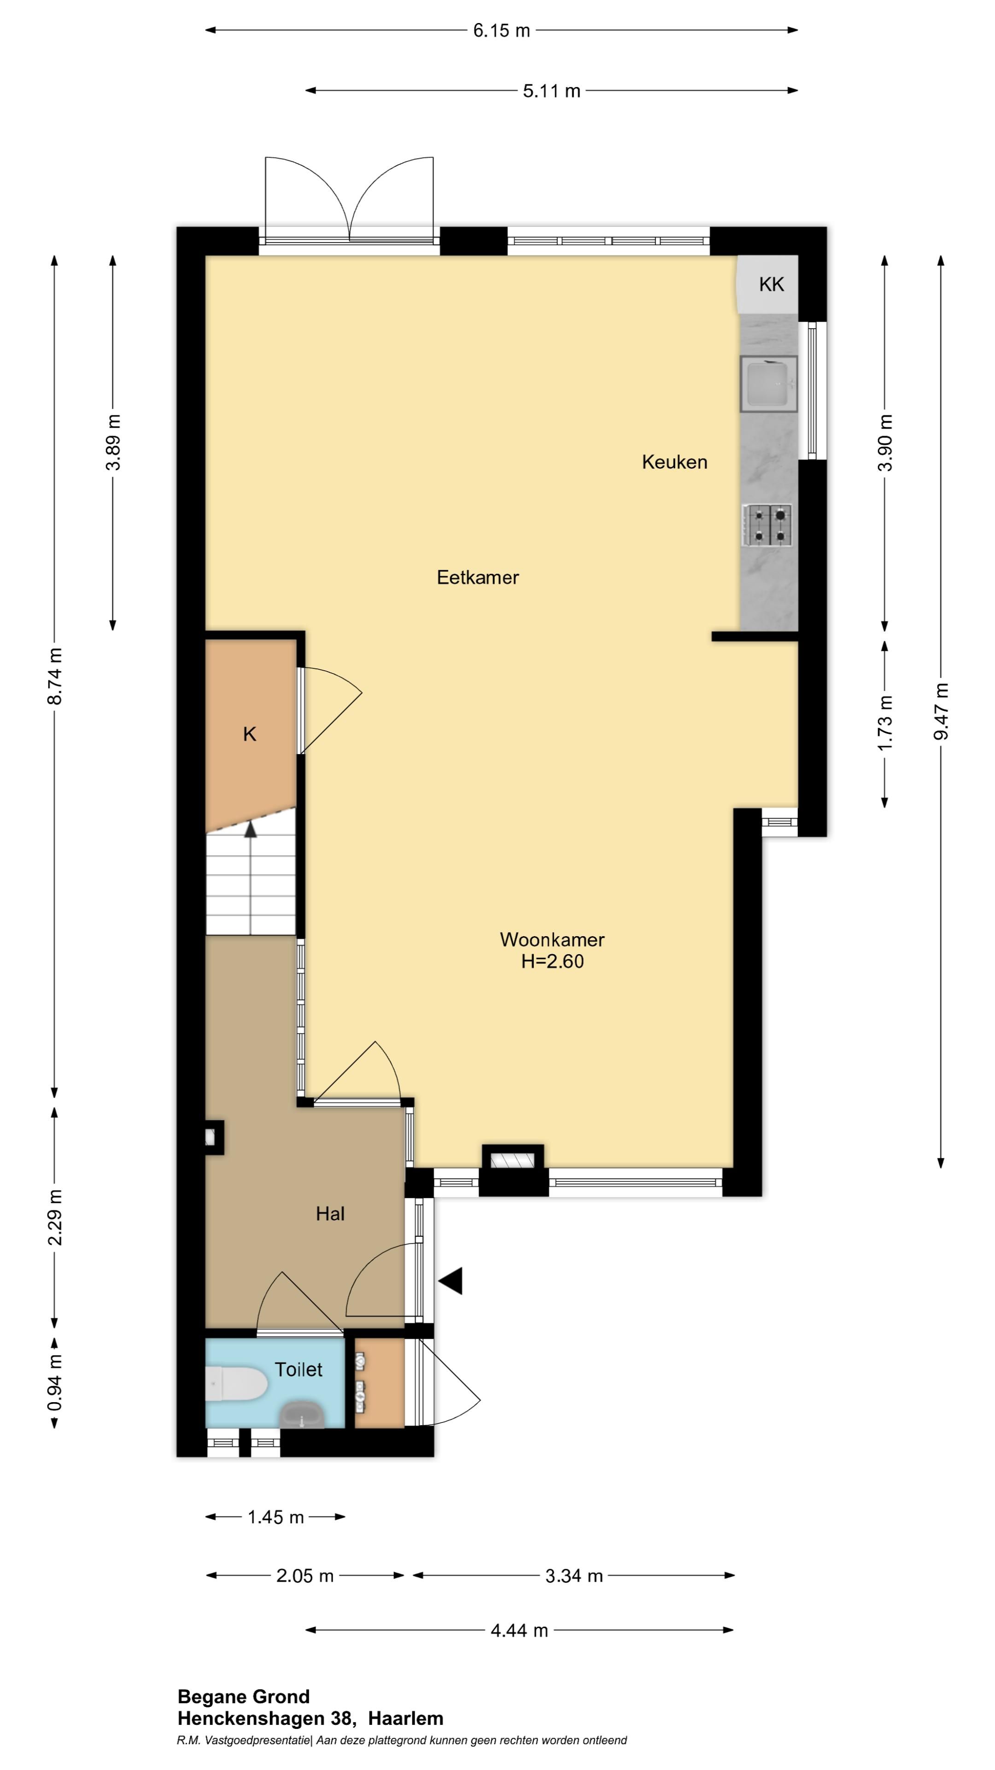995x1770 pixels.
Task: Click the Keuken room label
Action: pyautogui.click(x=674, y=462)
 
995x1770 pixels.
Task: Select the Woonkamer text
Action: pyautogui.click(x=552, y=939)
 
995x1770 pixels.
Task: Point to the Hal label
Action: pyautogui.click(x=330, y=1214)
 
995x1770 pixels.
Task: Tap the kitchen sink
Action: pyautogui.click(x=768, y=383)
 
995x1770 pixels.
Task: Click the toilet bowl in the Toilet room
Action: pyautogui.click(x=236, y=1383)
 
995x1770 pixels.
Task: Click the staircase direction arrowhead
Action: pyautogui.click(x=251, y=829)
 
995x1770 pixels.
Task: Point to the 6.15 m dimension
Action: pyautogui.click(x=501, y=30)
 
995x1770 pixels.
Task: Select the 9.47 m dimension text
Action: pyautogui.click(x=941, y=712)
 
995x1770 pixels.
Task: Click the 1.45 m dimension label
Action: pyautogui.click(x=275, y=1517)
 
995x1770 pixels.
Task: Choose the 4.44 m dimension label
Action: pyautogui.click(x=519, y=1630)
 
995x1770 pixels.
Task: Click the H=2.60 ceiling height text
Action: pyautogui.click(x=552, y=961)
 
